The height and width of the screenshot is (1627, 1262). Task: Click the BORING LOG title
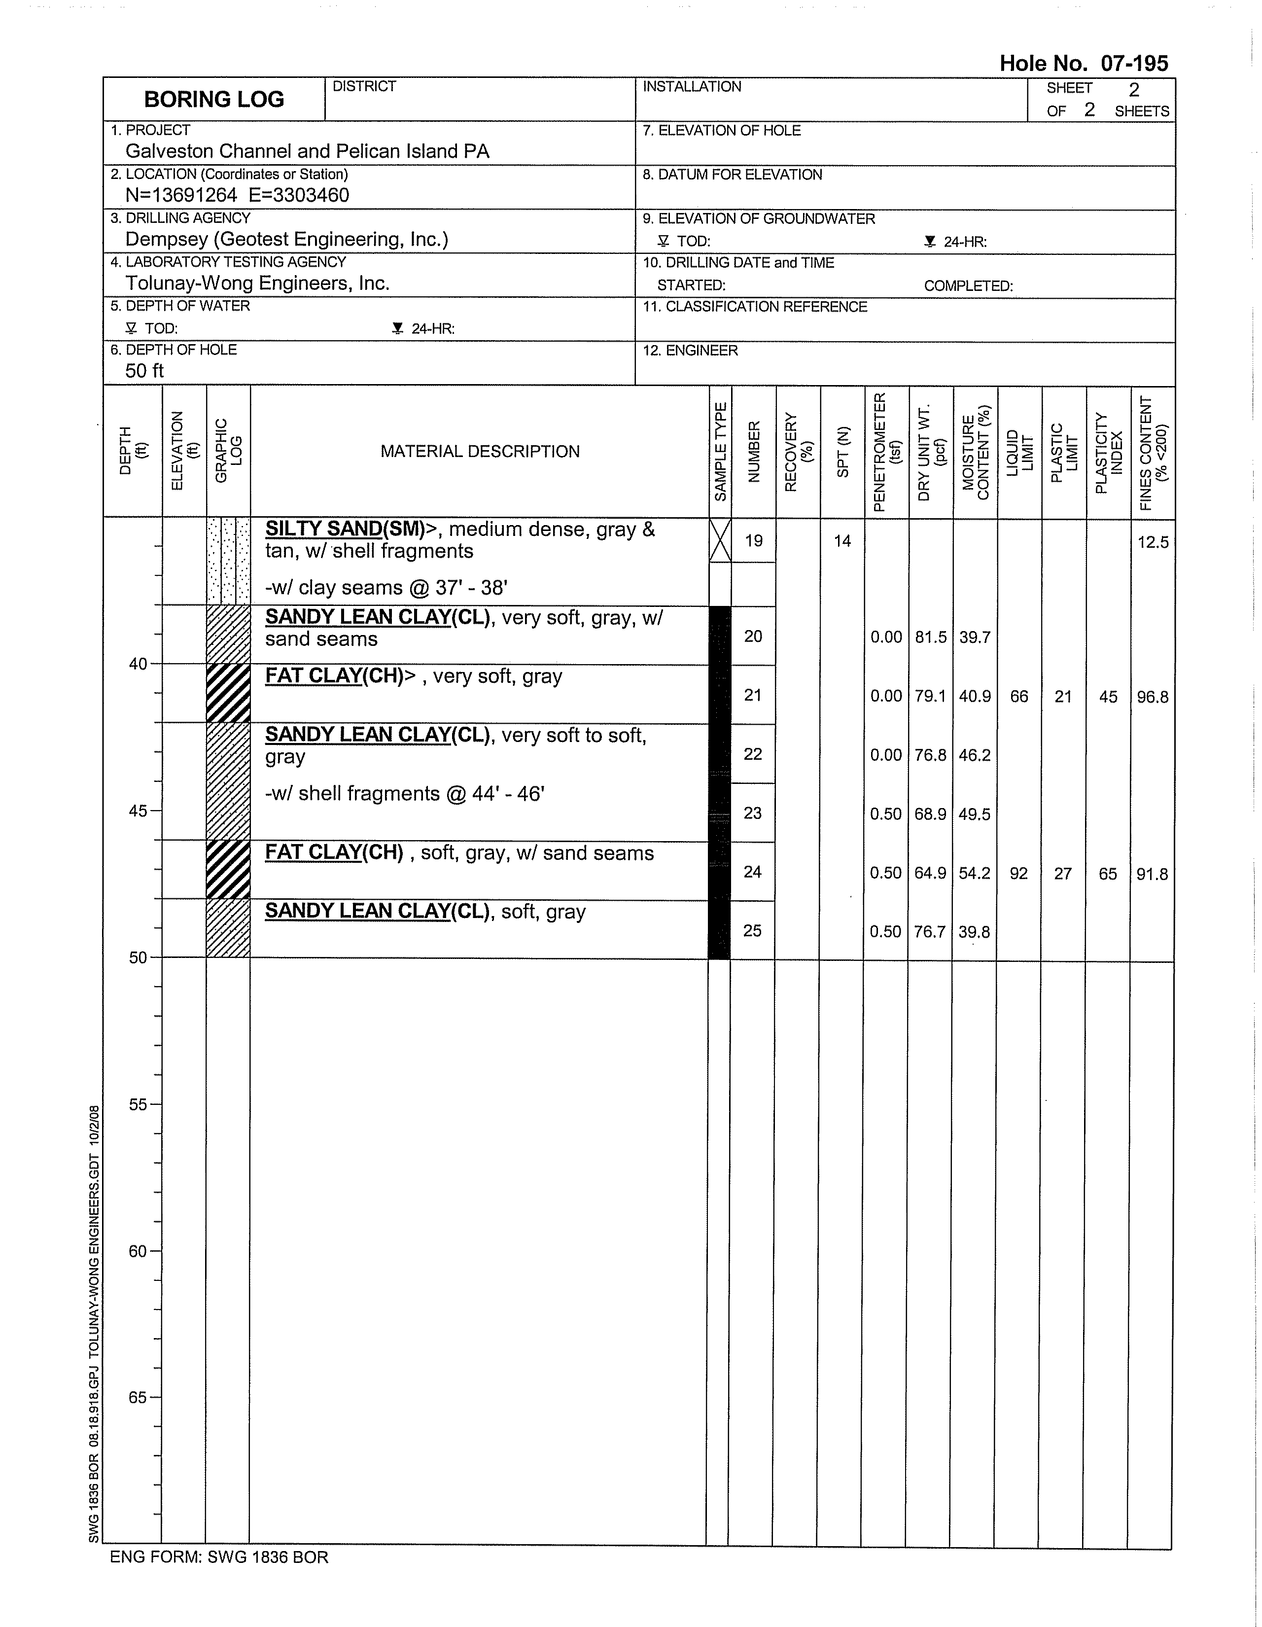(214, 100)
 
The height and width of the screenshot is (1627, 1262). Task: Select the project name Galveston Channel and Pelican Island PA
(307, 151)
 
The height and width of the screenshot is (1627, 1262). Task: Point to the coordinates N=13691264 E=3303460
(237, 195)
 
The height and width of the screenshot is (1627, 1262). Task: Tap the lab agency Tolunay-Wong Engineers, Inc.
(257, 283)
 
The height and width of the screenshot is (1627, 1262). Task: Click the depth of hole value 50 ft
(144, 371)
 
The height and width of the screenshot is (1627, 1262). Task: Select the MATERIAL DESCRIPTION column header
(480, 452)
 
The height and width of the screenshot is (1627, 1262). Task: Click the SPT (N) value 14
(842, 541)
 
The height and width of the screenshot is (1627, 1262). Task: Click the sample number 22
(752, 754)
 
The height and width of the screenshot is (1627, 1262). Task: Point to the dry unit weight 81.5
(931, 637)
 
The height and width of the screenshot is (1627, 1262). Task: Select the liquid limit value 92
(1018, 873)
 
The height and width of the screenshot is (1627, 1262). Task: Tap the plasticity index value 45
(1108, 697)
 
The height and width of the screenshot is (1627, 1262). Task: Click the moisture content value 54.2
(975, 873)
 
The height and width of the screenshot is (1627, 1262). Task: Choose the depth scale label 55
(138, 1104)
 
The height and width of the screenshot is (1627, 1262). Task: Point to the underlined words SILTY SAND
(323, 529)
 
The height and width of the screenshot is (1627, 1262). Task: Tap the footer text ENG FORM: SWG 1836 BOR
(219, 1557)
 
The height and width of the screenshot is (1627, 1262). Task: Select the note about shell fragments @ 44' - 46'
(405, 793)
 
